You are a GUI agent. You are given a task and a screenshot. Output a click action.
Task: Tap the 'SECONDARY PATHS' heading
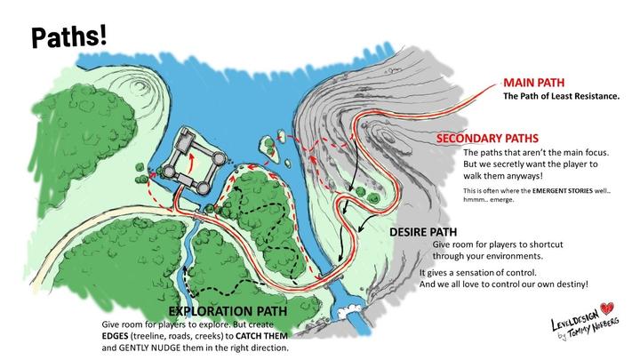click(x=488, y=140)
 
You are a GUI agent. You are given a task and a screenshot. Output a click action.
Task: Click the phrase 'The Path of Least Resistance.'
click(x=561, y=95)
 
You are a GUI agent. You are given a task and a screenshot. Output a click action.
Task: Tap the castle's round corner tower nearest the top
click(x=188, y=134)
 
